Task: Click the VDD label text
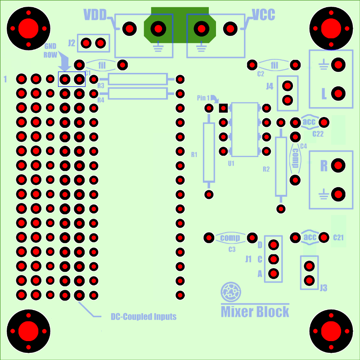[x=95, y=15]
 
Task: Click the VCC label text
[x=263, y=15]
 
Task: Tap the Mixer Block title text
[x=255, y=311]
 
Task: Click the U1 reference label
[x=231, y=163]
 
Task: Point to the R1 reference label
[x=194, y=154]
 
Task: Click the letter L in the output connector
[x=324, y=94]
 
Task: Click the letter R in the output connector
[x=324, y=166]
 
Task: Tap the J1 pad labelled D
[x=273, y=245]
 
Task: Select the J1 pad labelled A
[x=273, y=273]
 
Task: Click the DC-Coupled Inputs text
[x=144, y=317]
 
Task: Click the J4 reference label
[x=270, y=86]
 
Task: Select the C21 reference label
[x=338, y=238]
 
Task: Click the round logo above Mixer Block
[x=230, y=292]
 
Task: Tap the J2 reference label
[x=72, y=43]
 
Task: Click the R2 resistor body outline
[x=281, y=166]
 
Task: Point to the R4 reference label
[x=100, y=100]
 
